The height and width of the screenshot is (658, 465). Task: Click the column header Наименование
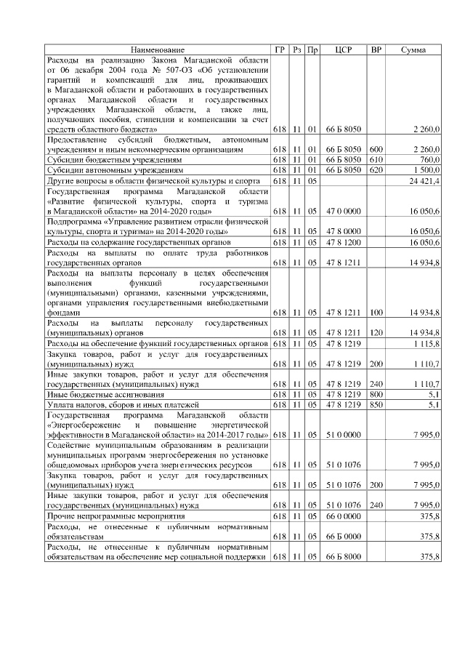click(158, 49)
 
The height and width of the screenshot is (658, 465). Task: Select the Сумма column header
click(414, 49)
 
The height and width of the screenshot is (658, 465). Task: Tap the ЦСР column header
click(344, 49)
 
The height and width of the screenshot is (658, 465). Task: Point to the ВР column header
click(376, 49)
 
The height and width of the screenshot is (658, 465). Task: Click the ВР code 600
click(376, 149)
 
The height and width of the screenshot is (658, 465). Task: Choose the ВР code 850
click(376, 404)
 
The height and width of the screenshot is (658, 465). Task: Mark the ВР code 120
click(376, 332)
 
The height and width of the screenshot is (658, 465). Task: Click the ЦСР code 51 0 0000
click(344, 434)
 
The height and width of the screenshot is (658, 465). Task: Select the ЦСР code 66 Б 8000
click(344, 556)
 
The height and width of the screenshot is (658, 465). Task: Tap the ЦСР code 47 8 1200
click(344, 241)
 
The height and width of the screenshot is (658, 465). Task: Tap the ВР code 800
click(376, 393)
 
